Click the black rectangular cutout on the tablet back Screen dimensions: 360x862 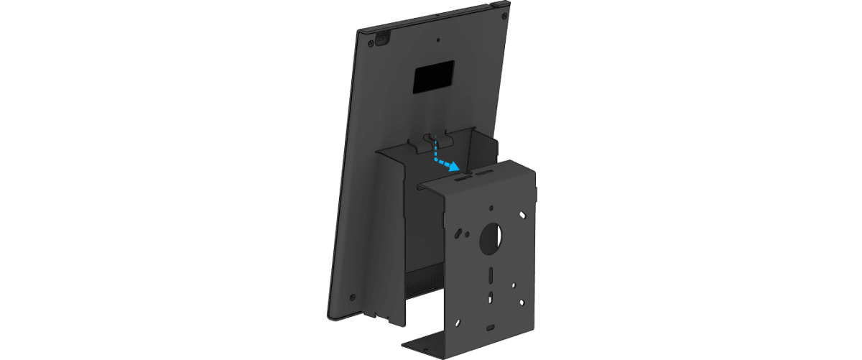click(x=434, y=75)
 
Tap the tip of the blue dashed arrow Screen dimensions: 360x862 click(x=458, y=168)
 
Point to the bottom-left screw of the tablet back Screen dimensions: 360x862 click(x=352, y=295)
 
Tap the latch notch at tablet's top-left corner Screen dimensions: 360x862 click(x=381, y=36)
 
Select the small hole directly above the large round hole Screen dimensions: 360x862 click(x=489, y=208)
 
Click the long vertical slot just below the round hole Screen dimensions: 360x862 click(x=489, y=274)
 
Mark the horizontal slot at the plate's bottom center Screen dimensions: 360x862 click(x=490, y=327)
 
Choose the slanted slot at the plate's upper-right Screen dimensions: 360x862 click(x=523, y=214)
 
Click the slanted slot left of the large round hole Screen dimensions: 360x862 click(x=458, y=234)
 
